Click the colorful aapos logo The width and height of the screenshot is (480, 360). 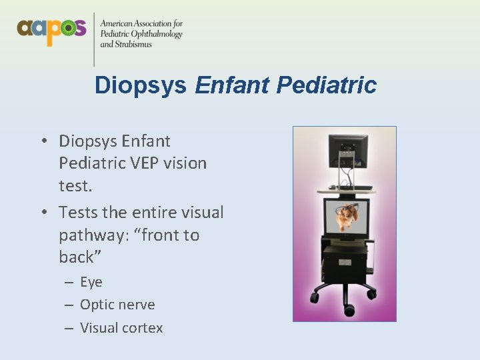(51, 29)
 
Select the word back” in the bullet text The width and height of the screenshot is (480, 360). (77, 257)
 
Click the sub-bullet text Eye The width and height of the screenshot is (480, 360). (91, 282)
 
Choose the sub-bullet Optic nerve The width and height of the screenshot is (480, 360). (117, 305)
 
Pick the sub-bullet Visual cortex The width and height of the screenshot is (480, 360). (121, 327)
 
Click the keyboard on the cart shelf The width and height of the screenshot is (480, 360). (351, 187)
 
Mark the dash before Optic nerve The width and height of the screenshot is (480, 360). (69, 305)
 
